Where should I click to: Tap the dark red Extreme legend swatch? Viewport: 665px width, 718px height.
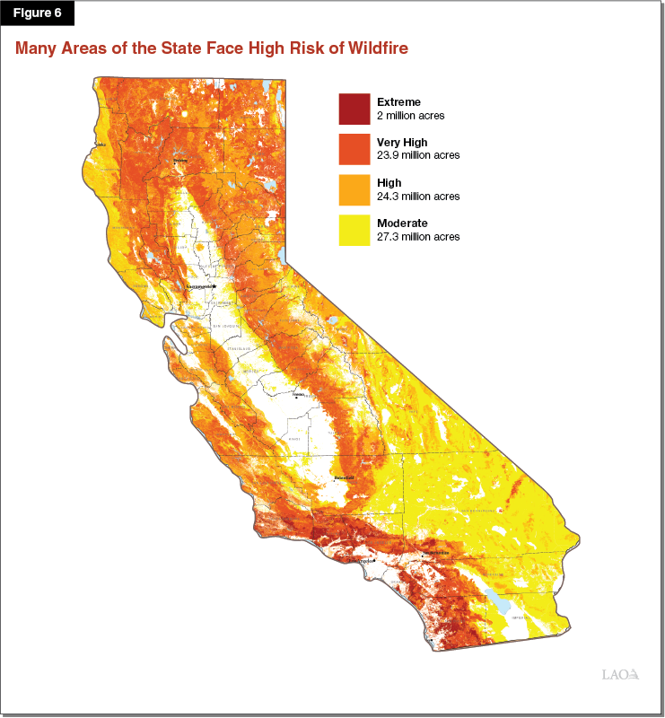click(x=354, y=109)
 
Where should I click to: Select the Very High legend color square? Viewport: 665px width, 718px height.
click(x=354, y=149)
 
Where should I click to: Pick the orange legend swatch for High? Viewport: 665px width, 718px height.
click(x=354, y=189)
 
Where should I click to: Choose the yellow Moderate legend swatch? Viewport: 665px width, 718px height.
click(x=354, y=230)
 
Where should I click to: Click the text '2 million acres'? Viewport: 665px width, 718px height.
click(x=410, y=116)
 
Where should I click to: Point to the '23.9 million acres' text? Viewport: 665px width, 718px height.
click(x=417, y=155)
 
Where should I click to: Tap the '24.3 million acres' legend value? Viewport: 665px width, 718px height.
click(x=417, y=197)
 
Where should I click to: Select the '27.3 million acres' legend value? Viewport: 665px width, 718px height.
click(x=417, y=237)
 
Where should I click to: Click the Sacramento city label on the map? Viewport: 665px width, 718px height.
click(x=201, y=286)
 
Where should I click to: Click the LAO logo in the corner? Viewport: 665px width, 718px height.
click(x=619, y=674)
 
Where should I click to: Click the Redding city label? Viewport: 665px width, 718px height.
click(x=180, y=161)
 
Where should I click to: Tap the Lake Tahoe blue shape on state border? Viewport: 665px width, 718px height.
click(x=283, y=255)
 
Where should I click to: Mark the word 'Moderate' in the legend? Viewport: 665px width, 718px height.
click(x=402, y=223)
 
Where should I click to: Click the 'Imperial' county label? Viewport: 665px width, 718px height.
click(x=521, y=618)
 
